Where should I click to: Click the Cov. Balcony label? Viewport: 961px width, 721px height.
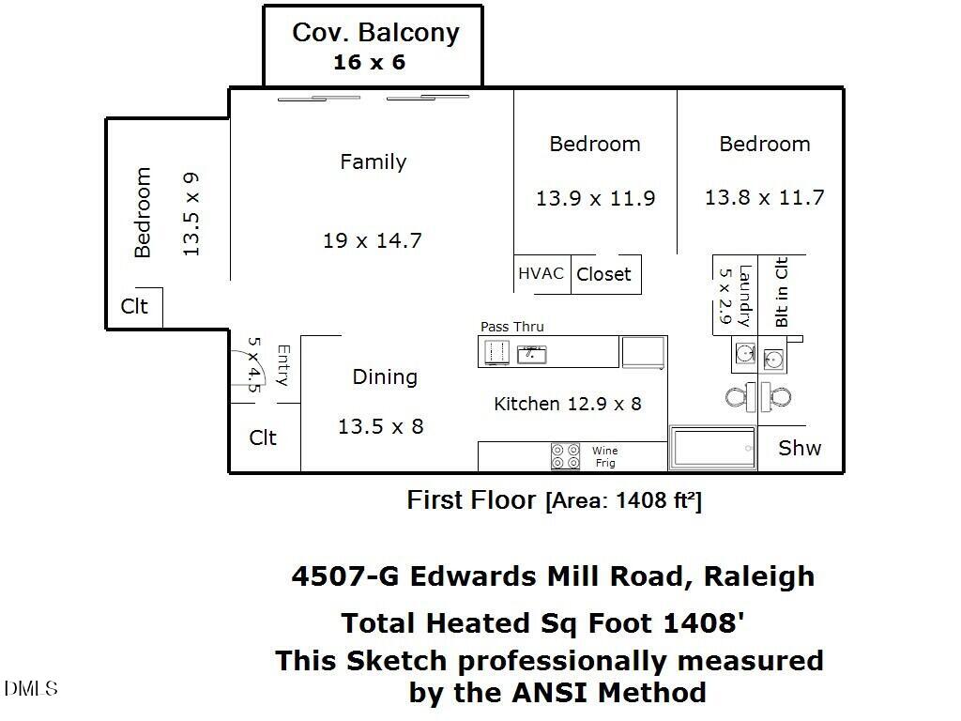tap(375, 32)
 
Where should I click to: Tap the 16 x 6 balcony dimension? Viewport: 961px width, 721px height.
tap(370, 63)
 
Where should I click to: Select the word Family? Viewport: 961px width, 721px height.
tap(373, 161)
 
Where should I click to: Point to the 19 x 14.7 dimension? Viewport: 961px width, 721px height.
tap(373, 240)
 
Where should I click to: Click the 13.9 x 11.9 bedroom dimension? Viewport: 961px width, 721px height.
tap(595, 198)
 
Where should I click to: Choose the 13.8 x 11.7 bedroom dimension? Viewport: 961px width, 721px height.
tap(764, 197)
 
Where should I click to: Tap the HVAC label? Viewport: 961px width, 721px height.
tap(542, 273)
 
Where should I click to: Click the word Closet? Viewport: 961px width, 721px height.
tap(603, 274)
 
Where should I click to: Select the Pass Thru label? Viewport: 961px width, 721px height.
tap(511, 327)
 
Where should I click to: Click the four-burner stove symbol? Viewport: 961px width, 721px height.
tap(565, 456)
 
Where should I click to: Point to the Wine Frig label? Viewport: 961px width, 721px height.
tap(605, 457)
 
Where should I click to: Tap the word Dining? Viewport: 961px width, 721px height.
tap(385, 376)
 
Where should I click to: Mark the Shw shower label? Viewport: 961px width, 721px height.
tap(800, 448)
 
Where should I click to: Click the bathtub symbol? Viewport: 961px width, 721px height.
tap(712, 449)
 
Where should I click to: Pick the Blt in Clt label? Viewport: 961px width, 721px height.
tap(781, 292)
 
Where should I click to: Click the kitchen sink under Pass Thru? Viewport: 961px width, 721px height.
tap(532, 353)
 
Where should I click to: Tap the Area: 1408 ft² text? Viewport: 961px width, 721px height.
tap(623, 501)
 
